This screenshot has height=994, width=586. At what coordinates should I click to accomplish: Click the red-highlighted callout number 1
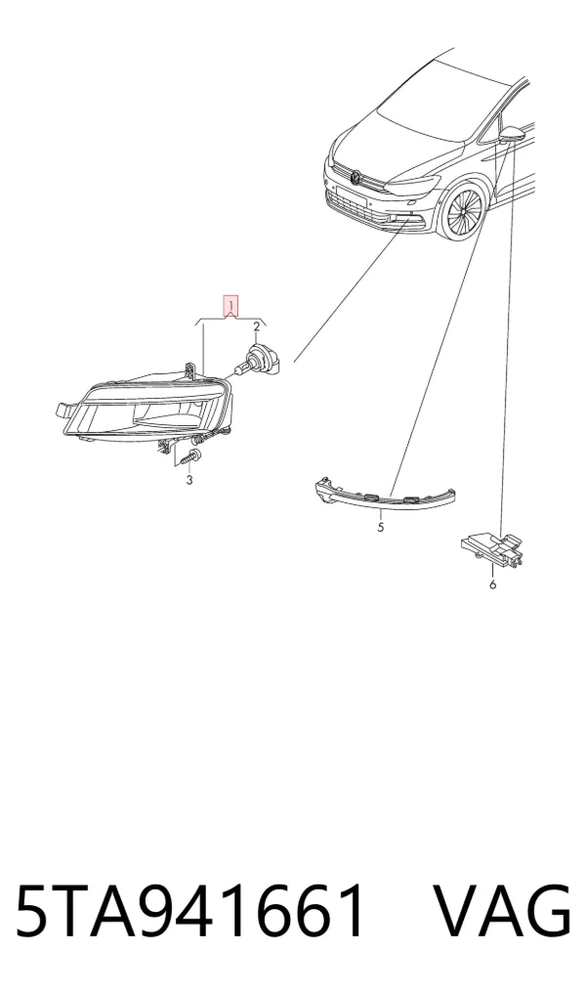point(231,307)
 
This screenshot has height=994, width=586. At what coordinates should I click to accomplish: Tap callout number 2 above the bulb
point(257,326)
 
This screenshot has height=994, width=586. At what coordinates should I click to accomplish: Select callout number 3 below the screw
point(189,480)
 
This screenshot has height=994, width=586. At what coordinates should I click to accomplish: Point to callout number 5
point(380,527)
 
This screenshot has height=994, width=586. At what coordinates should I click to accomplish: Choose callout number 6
point(493,583)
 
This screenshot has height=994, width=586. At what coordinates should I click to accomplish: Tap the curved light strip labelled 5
point(384,494)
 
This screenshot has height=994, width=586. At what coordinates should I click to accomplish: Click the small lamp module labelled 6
point(492,545)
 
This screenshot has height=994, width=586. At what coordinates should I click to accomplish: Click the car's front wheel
point(464,212)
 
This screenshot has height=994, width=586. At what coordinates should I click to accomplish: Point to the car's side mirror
point(511,135)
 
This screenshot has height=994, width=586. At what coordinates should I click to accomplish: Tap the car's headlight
point(412,186)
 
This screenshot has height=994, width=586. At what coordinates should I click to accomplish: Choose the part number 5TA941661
point(190,911)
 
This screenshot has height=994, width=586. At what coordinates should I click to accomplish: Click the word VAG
point(502,911)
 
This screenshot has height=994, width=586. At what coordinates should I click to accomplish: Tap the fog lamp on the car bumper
point(415,222)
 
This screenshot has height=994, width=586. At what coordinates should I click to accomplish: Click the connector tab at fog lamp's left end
point(63,411)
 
